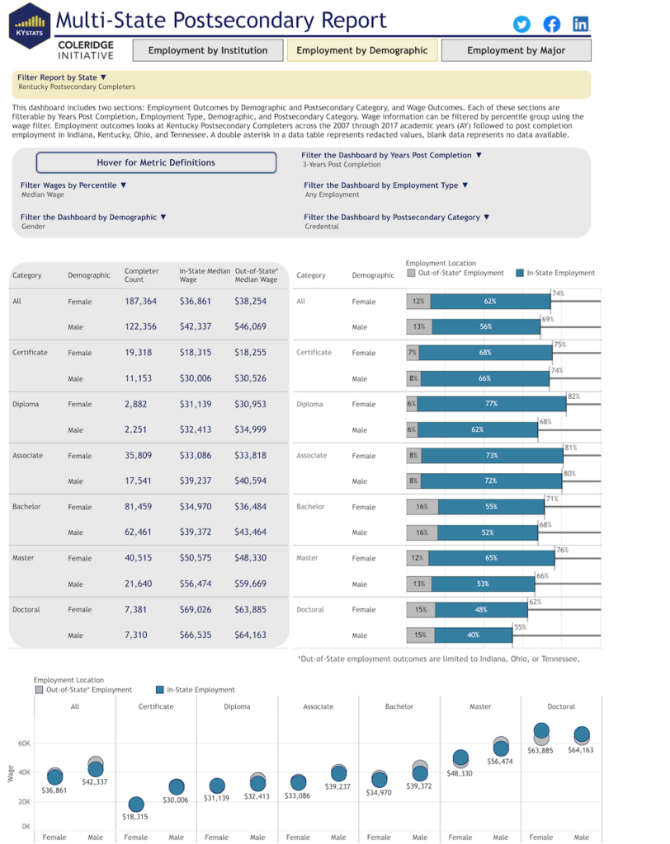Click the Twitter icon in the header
click(x=521, y=24)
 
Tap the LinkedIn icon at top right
click(x=581, y=24)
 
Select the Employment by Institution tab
click(x=208, y=50)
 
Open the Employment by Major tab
click(x=516, y=50)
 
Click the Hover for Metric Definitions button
click(x=156, y=162)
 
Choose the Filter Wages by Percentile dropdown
click(x=73, y=185)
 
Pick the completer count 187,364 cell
click(x=141, y=302)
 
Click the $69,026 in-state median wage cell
click(x=196, y=610)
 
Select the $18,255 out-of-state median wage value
click(x=251, y=353)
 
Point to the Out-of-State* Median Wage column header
click(x=257, y=274)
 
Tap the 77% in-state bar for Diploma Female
click(x=492, y=404)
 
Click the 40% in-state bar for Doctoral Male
click(x=473, y=635)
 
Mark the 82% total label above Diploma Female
click(x=573, y=396)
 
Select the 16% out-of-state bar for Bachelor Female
click(x=422, y=507)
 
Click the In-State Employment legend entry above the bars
click(x=554, y=273)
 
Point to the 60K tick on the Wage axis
click(x=25, y=743)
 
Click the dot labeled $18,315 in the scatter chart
click(x=136, y=804)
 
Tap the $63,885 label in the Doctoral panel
click(x=541, y=750)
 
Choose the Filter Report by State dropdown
click(x=62, y=77)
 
